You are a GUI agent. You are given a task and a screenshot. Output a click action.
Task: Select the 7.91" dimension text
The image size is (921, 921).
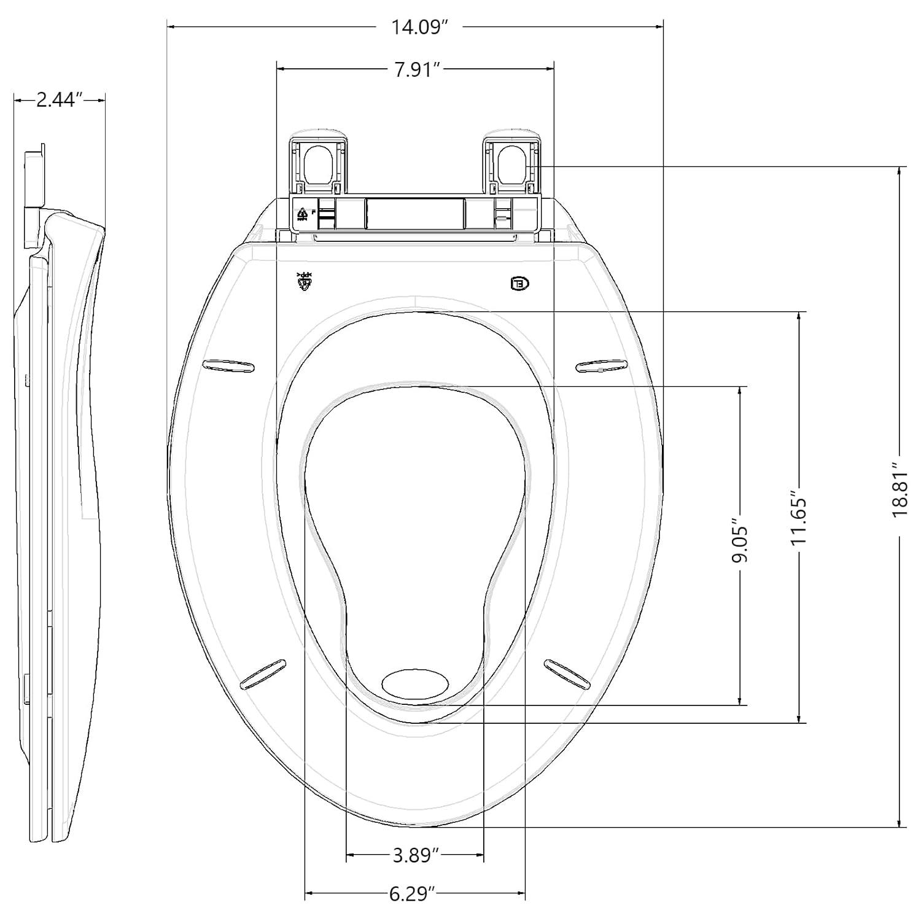click(418, 69)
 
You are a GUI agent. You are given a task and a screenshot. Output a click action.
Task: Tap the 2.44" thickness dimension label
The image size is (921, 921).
click(59, 100)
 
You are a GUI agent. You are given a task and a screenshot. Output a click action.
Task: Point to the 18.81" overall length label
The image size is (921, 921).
click(900, 490)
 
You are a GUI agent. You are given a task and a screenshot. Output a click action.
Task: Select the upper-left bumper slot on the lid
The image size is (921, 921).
click(228, 366)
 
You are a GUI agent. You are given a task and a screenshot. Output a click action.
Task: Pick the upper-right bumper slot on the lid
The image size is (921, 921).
click(602, 366)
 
